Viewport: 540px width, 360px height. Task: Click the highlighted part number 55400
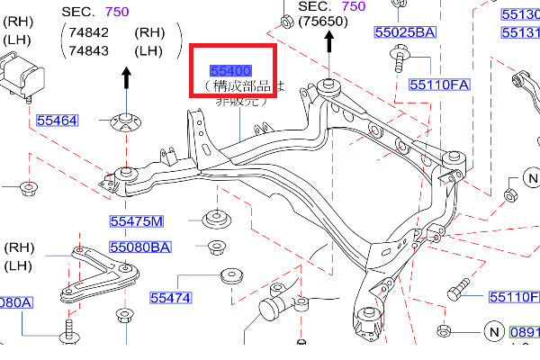[230, 69]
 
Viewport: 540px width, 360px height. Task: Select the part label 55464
[57, 119]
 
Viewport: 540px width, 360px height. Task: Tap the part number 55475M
[137, 220]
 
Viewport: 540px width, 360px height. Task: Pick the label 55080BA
[139, 246]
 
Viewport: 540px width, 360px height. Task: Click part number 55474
[171, 296]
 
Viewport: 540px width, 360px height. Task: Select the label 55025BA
[405, 32]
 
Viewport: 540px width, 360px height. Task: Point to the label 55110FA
[440, 85]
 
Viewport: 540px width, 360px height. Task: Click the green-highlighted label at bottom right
[526, 330]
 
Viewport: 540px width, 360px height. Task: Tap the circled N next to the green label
[492, 330]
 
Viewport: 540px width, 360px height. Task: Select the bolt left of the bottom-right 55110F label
[456, 293]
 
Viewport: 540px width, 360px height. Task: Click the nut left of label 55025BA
[286, 20]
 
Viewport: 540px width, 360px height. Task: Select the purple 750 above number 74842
[116, 11]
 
